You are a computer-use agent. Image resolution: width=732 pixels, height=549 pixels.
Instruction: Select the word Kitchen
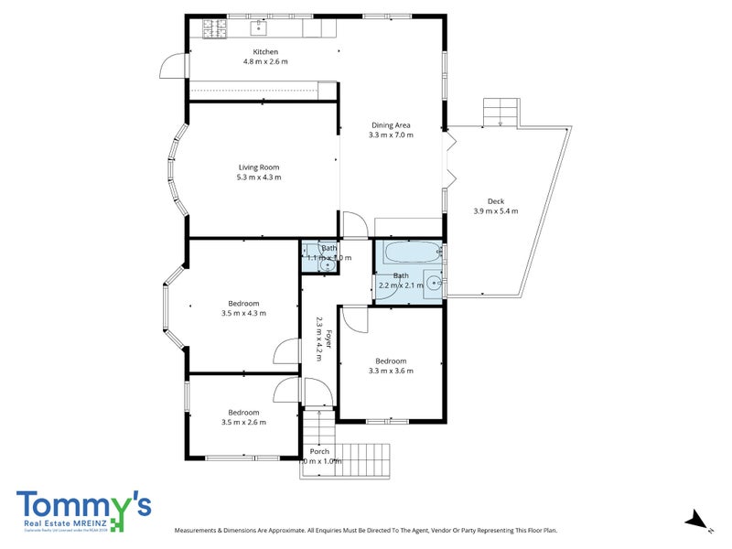click(265, 52)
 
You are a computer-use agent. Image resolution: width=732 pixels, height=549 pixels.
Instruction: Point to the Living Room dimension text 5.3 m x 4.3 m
click(259, 178)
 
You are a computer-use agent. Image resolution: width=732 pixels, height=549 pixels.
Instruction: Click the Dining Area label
click(391, 124)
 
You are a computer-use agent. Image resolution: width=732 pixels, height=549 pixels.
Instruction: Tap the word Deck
click(496, 201)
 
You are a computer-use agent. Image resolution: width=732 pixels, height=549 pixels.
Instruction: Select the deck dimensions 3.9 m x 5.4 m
click(496, 211)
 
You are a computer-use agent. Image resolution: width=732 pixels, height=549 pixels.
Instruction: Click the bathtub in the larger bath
click(409, 253)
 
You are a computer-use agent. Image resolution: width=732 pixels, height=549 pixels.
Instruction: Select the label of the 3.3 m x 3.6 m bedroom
click(391, 361)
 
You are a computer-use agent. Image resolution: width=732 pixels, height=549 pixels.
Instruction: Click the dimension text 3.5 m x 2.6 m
click(243, 423)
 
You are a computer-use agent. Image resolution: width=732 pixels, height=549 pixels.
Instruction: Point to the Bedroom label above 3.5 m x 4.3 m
click(243, 303)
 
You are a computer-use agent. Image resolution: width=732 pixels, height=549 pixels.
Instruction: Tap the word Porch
click(319, 451)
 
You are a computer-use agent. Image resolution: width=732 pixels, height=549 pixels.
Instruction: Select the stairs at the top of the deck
click(501, 112)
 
